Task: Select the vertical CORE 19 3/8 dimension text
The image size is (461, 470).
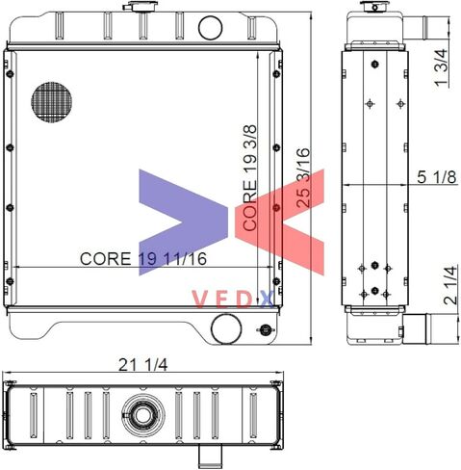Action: [x=250, y=177]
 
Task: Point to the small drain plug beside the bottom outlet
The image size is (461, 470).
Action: [x=265, y=330]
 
